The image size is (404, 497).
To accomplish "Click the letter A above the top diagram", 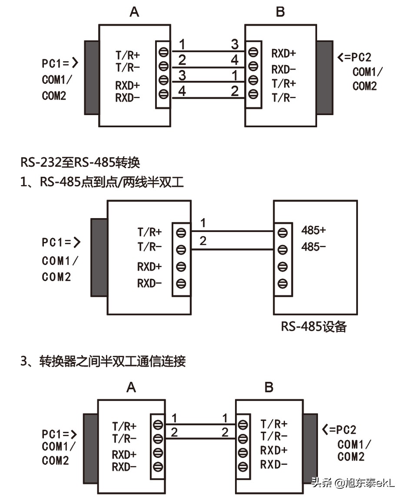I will click(135, 12).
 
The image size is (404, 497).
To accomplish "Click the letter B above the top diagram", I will click(280, 12).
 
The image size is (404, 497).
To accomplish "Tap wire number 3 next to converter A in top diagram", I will click(182, 76).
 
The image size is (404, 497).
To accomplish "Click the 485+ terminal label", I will click(314, 231).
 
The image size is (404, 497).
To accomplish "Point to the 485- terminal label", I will click(314, 247).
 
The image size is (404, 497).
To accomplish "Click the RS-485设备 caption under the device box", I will click(313, 327).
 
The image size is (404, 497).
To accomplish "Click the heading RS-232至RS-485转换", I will click(81, 163).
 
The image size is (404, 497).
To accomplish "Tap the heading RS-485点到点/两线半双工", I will click(102, 182).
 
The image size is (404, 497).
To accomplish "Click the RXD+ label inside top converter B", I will click(284, 54).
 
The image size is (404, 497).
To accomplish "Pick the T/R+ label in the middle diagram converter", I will click(149, 231).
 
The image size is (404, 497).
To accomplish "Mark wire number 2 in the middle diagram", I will click(203, 242).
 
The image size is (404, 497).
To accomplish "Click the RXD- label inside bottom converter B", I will click(274, 464).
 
